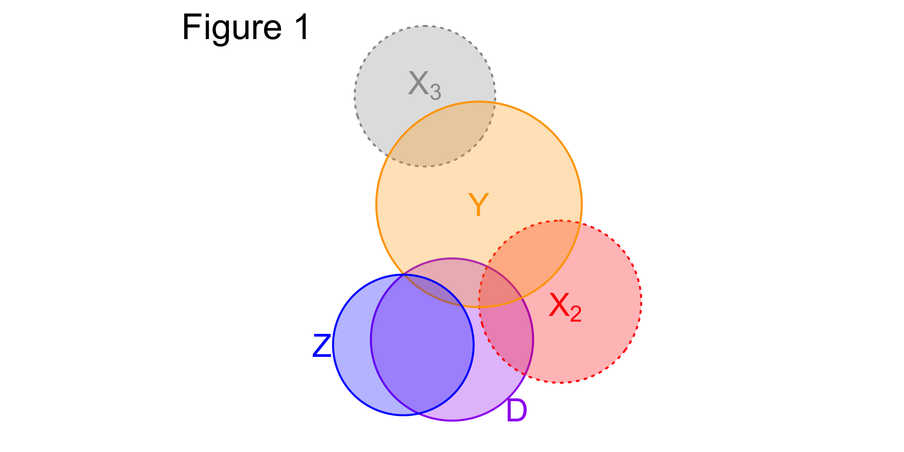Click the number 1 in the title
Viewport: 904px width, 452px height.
click(301, 27)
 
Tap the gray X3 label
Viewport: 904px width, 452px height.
click(424, 85)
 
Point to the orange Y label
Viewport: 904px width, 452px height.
click(478, 205)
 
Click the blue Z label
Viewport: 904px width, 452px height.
click(322, 346)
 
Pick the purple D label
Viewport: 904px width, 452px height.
click(517, 411)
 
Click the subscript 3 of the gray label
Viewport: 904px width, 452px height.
click(436, 92)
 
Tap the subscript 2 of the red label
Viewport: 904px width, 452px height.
click(575, 314)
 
